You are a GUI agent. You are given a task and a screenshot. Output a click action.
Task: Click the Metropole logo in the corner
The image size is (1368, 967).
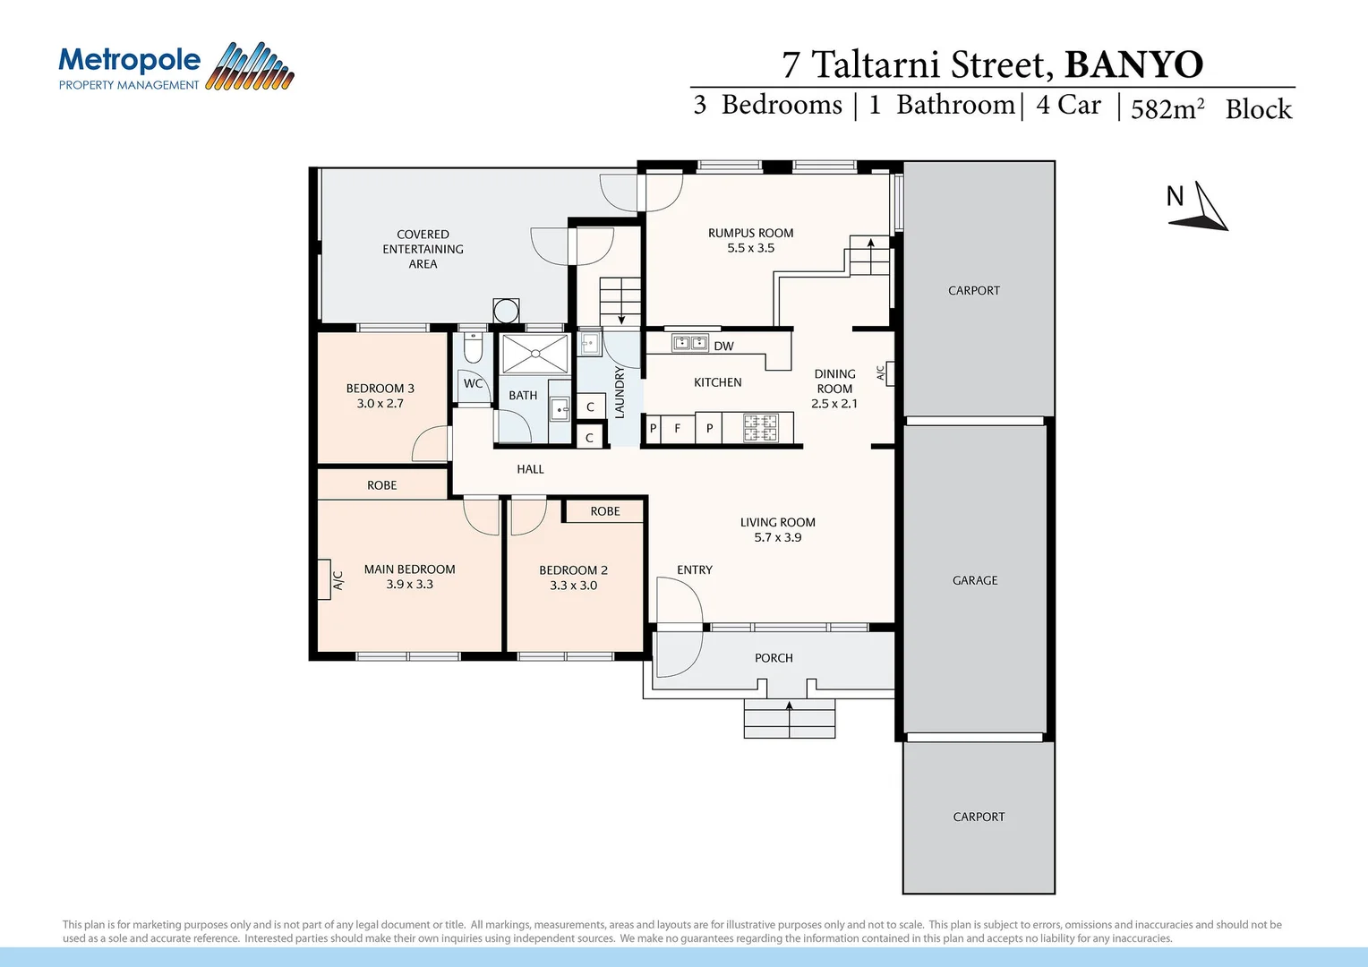(175, 67)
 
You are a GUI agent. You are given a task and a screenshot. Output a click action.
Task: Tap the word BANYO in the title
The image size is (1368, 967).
(1133, 64)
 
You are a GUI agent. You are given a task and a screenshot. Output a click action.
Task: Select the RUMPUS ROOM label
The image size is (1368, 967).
(750, 233)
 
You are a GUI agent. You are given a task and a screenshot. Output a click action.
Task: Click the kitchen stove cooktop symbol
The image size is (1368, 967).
(761, 428)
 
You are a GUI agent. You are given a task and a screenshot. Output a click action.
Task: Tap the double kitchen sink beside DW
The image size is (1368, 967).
(689, 344)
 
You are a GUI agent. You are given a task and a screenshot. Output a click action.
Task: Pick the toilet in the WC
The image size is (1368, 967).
(473, 347)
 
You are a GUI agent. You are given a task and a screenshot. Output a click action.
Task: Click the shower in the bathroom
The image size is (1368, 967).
(534, 354)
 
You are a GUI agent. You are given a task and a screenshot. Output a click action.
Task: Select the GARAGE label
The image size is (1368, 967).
(975, 580)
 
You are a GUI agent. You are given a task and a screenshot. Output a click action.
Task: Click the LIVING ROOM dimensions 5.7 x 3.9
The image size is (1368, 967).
(777, 537)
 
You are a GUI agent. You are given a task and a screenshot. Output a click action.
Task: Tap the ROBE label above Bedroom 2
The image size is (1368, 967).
(604, 511)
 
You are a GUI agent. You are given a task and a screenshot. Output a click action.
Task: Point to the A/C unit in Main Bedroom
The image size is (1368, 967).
(324, 579)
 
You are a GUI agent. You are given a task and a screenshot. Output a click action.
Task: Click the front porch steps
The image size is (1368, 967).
(789, 718)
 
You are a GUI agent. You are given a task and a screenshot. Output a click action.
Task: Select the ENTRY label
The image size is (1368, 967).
(694, 569)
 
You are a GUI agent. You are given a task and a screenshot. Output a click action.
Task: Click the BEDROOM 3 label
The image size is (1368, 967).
(380, 389)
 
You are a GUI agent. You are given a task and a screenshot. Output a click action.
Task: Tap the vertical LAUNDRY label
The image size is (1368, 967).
(620, 392)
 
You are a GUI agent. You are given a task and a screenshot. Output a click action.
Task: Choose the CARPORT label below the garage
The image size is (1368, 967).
(979, 817)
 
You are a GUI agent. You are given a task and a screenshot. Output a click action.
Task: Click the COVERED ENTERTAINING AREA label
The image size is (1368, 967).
(423, 249)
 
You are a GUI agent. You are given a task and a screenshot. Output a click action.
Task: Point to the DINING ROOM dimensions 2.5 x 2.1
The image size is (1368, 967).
(834, 404)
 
